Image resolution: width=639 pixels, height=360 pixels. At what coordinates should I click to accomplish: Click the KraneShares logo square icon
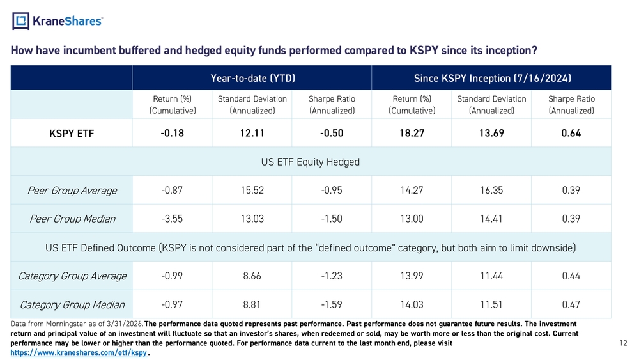click(x=20, y=21)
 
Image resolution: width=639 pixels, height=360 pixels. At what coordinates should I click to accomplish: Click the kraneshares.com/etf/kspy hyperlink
click(x=79, y=353)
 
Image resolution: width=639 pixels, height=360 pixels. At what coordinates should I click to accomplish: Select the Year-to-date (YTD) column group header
click(x=252, y=78)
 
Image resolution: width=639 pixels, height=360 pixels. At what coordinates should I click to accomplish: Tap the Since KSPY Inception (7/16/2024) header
click(x=492, y=78)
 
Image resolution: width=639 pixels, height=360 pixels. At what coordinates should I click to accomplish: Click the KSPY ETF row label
click(x=72, y=134)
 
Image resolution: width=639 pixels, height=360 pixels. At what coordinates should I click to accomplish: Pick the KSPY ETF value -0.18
click(x=172, y=133)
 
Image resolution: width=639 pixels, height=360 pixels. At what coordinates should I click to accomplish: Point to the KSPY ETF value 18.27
click(x=412, y=133)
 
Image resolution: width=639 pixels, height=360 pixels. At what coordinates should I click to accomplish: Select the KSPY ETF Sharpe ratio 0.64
click(x=571, y=133)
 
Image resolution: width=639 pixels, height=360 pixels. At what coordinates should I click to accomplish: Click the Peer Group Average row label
click(x=72, y=191)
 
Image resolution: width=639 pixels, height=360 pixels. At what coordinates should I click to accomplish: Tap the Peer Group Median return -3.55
click(x=172, y=219)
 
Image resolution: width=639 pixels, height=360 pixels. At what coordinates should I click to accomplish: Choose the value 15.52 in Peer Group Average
click(x=252, y=191)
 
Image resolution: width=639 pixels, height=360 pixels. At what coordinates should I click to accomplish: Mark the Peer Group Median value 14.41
click(x=491, y=219)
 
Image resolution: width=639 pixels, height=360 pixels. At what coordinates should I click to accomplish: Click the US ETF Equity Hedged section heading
click(x=311, y=162)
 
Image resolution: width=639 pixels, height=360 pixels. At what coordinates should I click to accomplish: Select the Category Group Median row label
click(x=72, y=305)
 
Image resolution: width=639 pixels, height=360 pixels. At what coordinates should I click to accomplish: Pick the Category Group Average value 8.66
click(x=252, y=276)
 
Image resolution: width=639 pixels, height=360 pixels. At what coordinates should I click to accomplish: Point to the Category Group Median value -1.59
click(x=331, y=304)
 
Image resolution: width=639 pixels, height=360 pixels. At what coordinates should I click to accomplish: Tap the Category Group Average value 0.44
click(x=571, y=276)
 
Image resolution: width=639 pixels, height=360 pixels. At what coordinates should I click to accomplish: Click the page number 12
click(x=623, y=343)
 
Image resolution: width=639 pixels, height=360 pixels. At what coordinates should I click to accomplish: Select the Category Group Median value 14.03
click(x=412, y=304)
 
